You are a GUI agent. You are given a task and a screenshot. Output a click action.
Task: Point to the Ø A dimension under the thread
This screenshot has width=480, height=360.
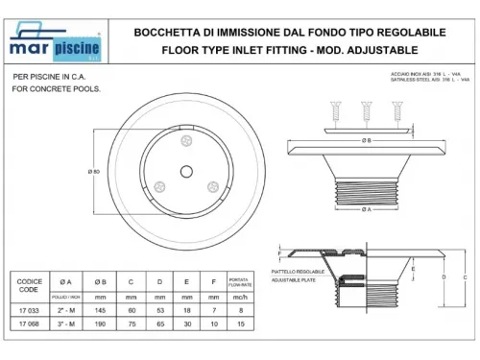[366, 209]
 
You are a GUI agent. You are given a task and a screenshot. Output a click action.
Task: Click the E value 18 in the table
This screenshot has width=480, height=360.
[187, 310]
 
